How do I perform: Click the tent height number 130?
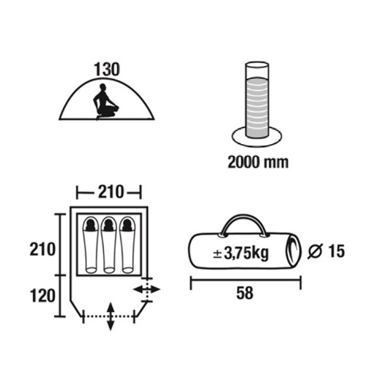click(107, 70)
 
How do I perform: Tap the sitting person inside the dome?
click(105, 102)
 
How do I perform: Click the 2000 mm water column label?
click(258, 162)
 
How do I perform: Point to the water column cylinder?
click(257, 100)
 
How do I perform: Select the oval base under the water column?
click(257, 144)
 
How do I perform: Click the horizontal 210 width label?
click(111, 192)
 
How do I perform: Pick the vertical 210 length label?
click(42, 250)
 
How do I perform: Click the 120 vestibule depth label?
click(42, 296)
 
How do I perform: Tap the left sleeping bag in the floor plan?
click(91, 244)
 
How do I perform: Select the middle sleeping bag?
click(109, 244)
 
